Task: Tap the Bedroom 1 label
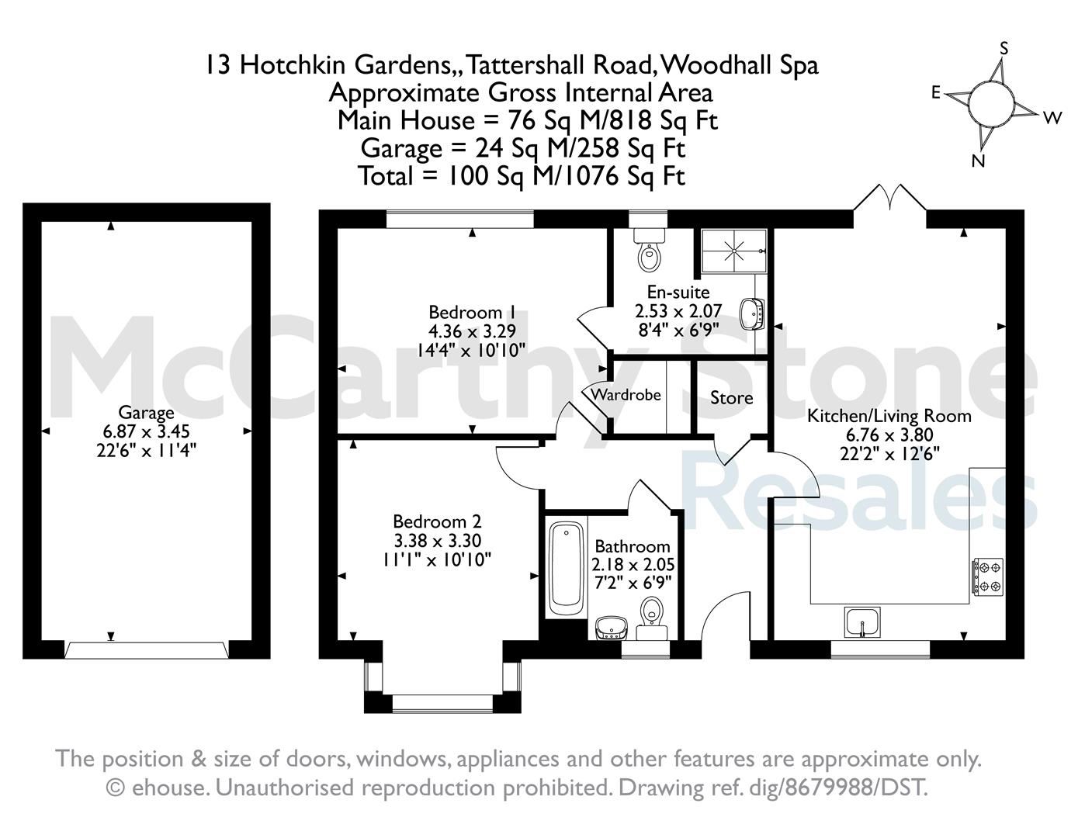(472, 313)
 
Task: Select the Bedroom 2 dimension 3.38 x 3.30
(438, 541)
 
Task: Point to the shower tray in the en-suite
(733, 251)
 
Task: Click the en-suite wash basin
(751, 314)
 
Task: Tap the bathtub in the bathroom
(567, 569)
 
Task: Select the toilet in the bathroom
(652, 618)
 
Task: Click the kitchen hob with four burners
(987, 577)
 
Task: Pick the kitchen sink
(862, 622)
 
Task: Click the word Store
(732, 398)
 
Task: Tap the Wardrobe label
(626, 395)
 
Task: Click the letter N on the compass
(978, 161)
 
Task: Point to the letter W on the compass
(1052, 118)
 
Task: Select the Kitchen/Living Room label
(889, 416)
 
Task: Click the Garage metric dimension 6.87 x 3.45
(146, 431)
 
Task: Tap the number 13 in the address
(219, 65)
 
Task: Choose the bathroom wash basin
(611, 628)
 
